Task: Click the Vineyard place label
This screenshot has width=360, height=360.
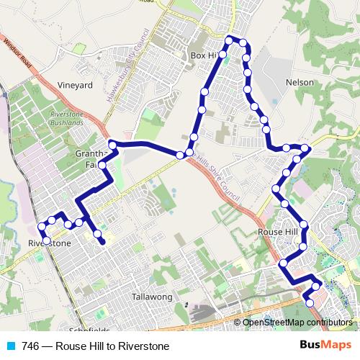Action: coord(76,85)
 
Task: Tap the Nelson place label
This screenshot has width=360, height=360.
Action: coord(300,83)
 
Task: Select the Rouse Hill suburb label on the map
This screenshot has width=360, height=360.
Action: coord(278,233)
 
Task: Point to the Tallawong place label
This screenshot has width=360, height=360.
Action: coord(150,297)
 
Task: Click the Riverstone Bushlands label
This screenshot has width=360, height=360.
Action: coord(68,120)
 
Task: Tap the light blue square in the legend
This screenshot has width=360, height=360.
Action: coord(10,346)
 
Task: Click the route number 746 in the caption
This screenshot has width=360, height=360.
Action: coord(30,346)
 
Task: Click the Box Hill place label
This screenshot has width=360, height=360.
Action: coord(204,55)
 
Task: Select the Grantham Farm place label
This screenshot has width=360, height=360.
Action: coord(91,159)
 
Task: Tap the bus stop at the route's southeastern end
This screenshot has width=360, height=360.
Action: coord(310,303)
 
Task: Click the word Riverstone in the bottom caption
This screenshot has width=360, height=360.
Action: coord(143,346)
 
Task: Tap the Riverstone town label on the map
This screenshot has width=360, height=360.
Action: coord(49,243)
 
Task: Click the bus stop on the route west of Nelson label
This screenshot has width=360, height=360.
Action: coord(248,89)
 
